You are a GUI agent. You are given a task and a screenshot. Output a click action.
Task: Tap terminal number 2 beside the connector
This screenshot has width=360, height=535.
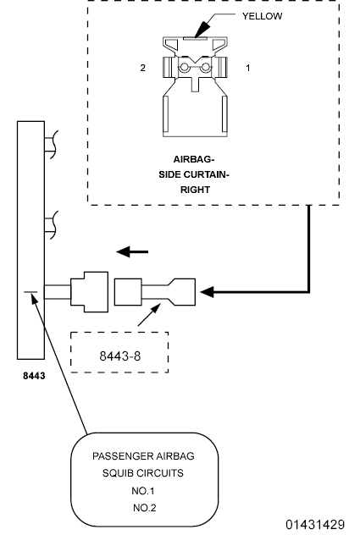coord(144,66)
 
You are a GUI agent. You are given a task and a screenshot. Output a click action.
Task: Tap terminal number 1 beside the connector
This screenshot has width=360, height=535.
coord(247,66)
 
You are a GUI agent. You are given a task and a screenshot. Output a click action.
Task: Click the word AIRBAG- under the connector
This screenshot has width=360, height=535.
coord(196,159)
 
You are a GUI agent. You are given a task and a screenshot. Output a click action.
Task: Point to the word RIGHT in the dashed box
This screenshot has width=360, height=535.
coord(196,190)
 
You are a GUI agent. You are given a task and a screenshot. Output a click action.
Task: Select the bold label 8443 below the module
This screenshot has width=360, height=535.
coord(34,372)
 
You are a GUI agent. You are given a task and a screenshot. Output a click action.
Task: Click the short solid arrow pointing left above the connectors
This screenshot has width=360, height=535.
coord(128,251)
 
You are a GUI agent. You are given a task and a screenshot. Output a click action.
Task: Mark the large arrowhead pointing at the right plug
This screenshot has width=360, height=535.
coord(209,293)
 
